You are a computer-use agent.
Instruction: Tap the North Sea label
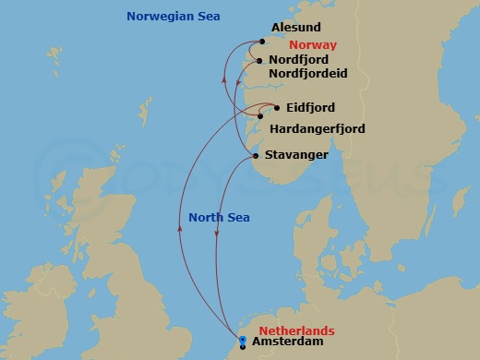pos(220,218)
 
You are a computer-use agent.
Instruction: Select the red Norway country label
pos(311,44)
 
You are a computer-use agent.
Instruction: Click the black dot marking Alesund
pos(262,42)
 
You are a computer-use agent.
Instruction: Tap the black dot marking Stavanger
pos(255,156)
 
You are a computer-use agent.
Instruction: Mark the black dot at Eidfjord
pos(276,107)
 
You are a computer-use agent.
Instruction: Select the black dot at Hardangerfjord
pos(261,116)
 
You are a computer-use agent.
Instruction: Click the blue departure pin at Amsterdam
pos(241,341)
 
